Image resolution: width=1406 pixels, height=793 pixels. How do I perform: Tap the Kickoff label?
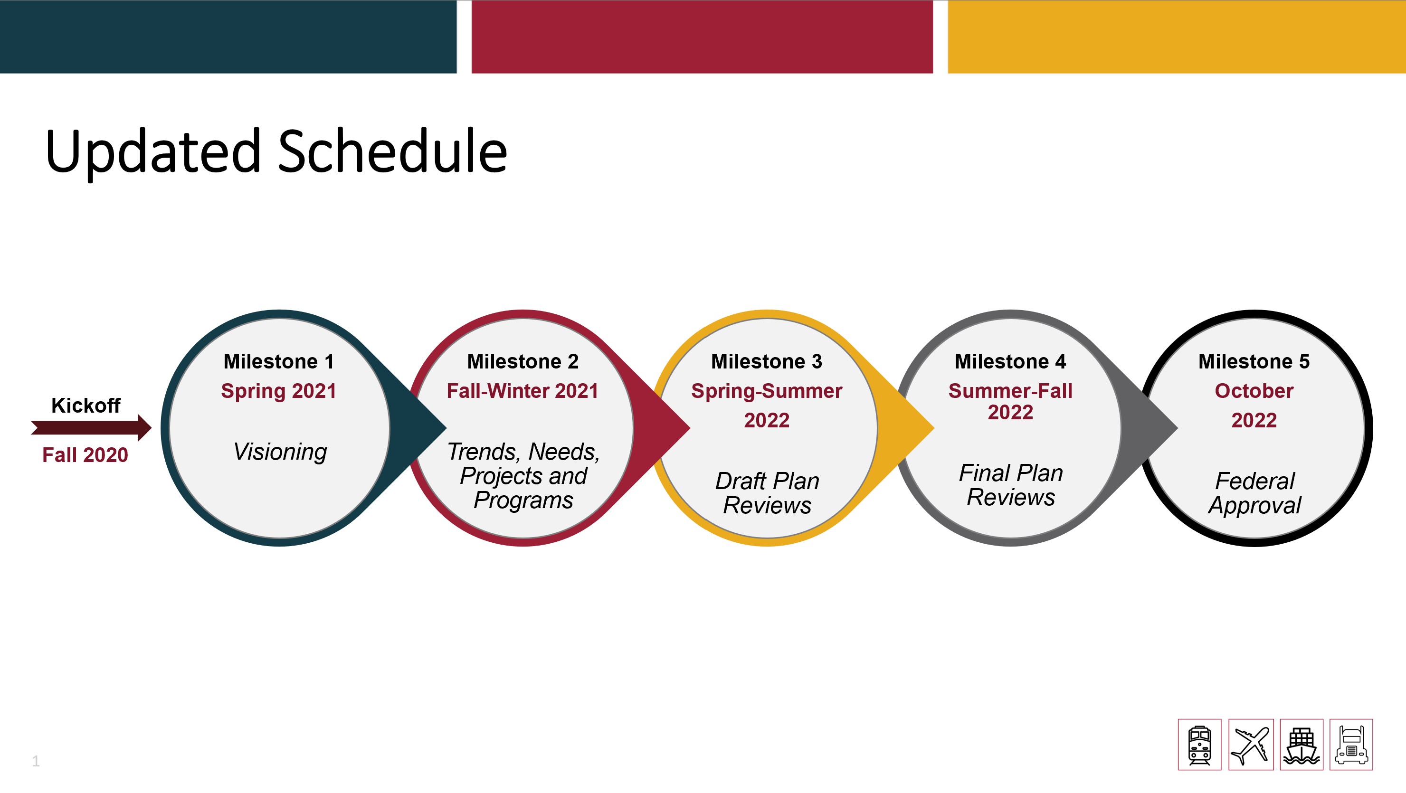tap(85, 406)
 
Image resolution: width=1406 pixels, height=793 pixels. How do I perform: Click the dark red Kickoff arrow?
tap(91, 427)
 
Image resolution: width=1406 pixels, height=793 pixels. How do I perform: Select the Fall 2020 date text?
tap(85, 454)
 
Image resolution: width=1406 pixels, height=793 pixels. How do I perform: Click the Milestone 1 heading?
tap(278, 361)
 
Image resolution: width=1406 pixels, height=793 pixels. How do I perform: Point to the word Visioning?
tap(280, 453)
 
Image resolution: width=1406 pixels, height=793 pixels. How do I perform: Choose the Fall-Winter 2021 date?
tap(522, 391)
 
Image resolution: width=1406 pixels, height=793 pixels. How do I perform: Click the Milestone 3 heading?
tap(766, 361)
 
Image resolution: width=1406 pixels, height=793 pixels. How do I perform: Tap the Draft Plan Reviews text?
tap(767, 493)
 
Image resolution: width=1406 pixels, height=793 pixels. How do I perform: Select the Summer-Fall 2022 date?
tap(1010, 401)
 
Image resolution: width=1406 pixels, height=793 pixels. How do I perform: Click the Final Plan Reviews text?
tap(1011, 485)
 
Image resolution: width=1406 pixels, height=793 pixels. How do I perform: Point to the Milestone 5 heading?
tap(1254, 361)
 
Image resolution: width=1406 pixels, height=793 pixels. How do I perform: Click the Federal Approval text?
tap(1254, 493)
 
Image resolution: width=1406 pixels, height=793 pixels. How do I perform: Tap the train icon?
tap(1199, 745)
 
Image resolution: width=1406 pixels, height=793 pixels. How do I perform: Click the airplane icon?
tap(1251, 745)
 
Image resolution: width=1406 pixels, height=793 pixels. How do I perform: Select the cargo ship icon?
tap(1301, 745)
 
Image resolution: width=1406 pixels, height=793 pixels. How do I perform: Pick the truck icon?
tap(1351, 745)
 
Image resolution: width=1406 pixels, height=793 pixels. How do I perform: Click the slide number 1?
tap(36, 761)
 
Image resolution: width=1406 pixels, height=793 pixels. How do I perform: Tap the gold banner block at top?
tap(1177, 37)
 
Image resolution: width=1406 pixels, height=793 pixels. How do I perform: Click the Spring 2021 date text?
tap(278, 391)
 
